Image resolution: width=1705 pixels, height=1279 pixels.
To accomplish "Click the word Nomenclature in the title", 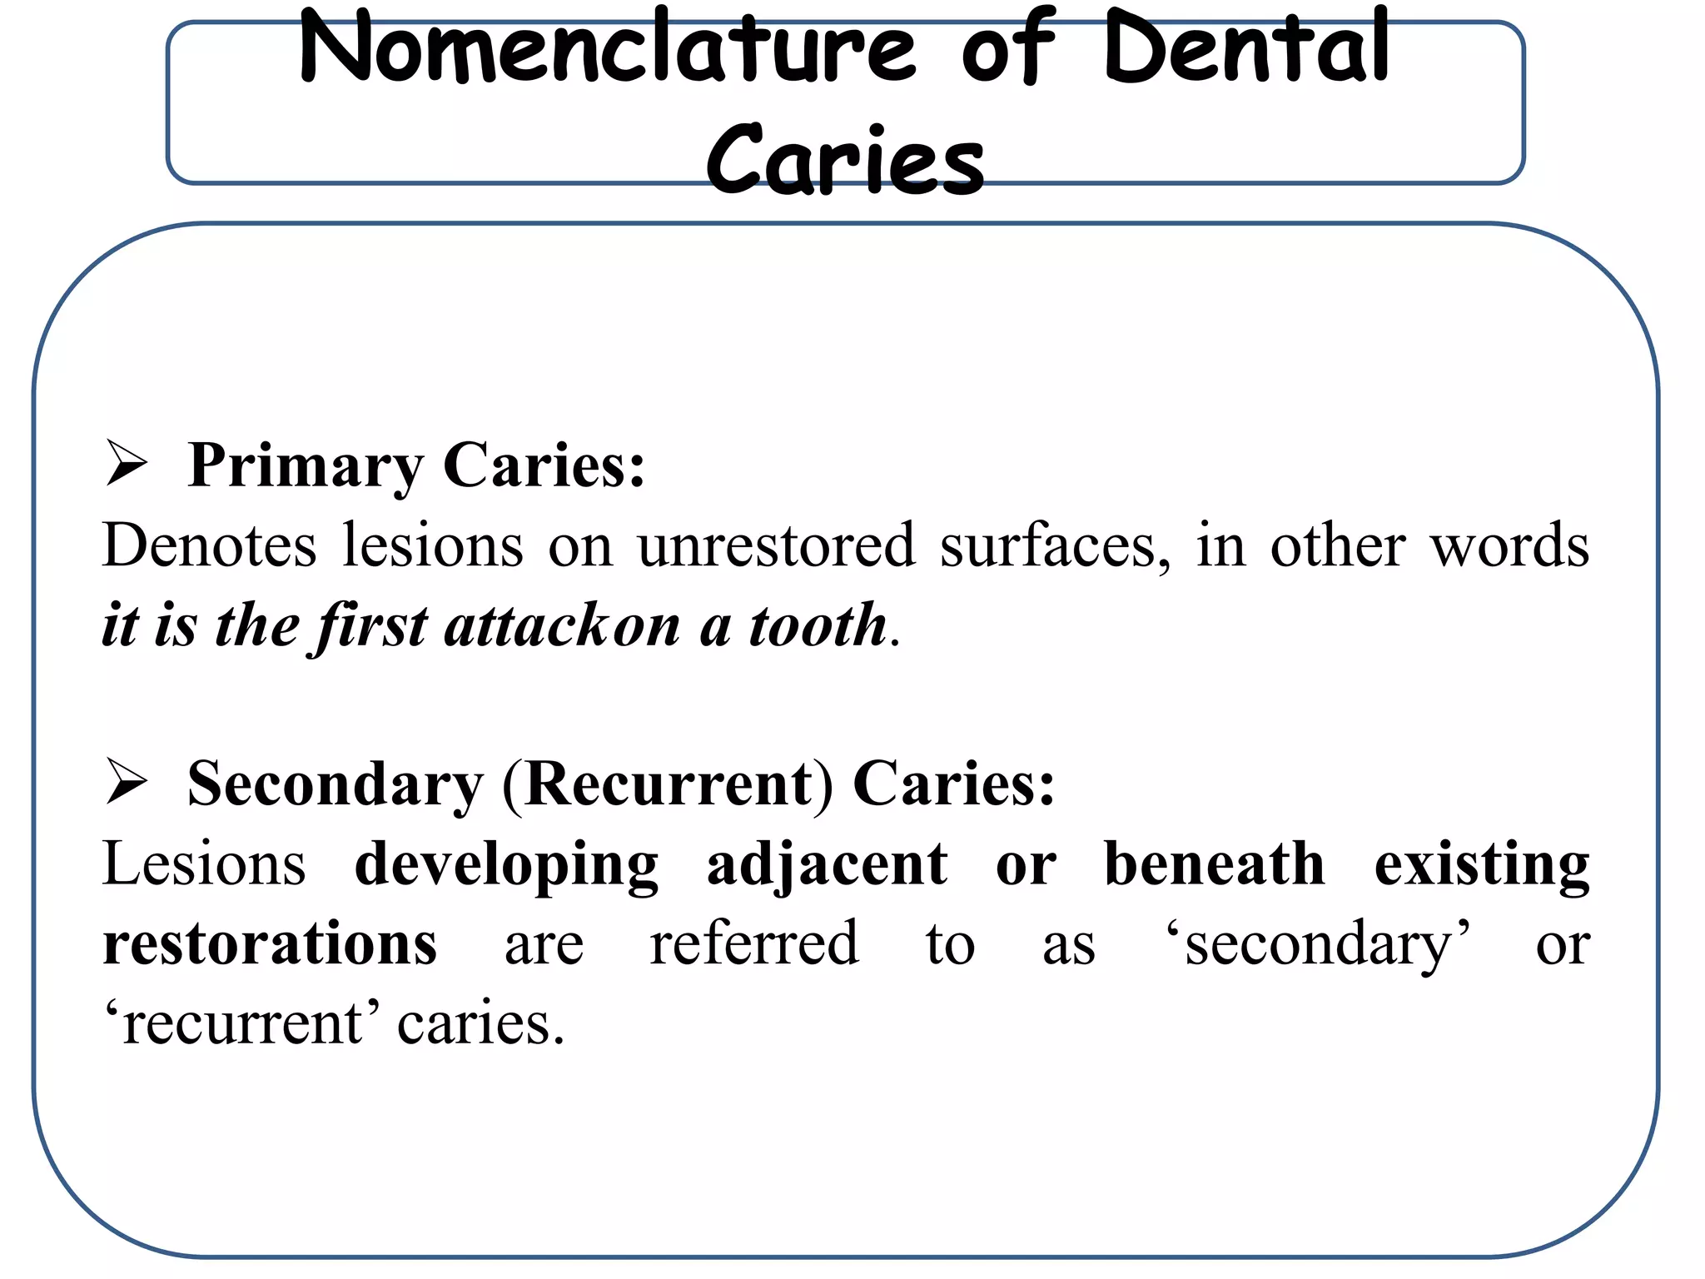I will pos(608,48).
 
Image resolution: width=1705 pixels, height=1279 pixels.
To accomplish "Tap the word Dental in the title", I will pos(1247,48).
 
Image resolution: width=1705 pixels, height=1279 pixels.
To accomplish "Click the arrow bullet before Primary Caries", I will pos(127,465).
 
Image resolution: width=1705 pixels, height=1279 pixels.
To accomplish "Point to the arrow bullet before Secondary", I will pos(127,784).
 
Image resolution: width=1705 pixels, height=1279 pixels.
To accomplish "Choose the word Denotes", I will pos(209,545).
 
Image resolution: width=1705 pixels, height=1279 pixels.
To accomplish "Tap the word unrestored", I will pos(776,545).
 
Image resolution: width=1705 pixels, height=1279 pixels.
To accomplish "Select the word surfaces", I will pos(1055,545).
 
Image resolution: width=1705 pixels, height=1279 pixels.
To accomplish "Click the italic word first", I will pos(372,625).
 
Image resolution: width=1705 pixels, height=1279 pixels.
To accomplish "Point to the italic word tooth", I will pos(818,625).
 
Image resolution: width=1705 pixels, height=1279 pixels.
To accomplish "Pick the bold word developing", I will pos(506,865).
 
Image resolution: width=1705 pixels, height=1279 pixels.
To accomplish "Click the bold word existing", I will pos(1481,865).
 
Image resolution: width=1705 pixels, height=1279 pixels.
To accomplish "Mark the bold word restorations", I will pos(270,943).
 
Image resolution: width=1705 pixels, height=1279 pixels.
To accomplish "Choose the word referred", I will pos(754,943).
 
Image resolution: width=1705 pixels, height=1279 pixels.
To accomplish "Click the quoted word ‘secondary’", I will pos(1317,945).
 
